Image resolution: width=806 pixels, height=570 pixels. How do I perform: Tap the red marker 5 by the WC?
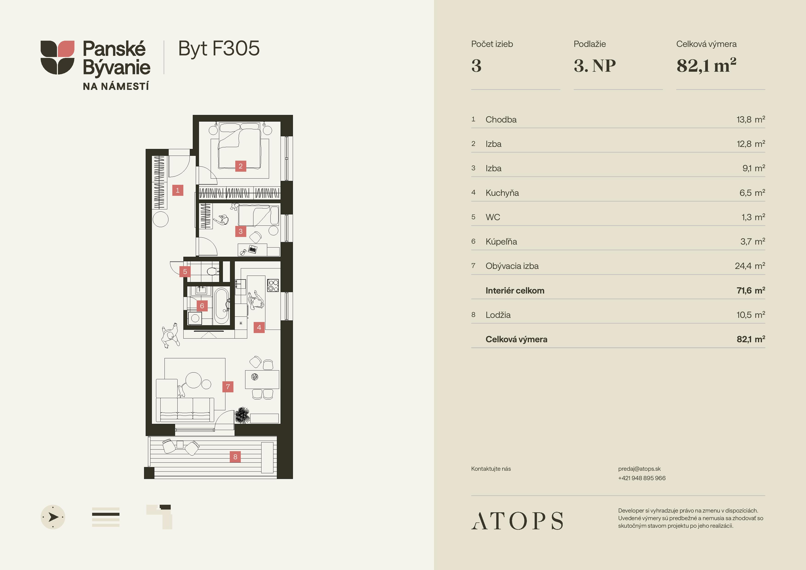(185, 271)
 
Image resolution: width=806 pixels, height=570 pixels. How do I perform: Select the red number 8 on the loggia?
(235, 456)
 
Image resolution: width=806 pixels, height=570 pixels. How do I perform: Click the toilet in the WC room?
(212, 271)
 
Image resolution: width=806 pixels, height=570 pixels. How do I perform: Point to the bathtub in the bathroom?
(221, 305)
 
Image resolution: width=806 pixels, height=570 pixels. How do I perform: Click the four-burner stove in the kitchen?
(273, 285)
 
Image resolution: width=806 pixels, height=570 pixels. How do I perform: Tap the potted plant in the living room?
(242, 415)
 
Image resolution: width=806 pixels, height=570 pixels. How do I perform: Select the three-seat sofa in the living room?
(185, 410)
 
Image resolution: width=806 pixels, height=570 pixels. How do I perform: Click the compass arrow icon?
(53, 517)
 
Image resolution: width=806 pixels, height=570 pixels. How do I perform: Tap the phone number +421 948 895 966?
(642, 478)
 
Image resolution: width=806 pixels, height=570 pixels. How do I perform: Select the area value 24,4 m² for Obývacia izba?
(750, 266)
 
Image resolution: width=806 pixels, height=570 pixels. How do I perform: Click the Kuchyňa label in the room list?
(502, 193)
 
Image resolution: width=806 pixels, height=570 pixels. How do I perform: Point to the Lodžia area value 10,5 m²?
(751, 315)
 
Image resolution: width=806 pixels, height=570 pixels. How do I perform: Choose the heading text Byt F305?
(219, 48)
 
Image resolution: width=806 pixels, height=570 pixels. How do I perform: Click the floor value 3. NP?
(595, 66)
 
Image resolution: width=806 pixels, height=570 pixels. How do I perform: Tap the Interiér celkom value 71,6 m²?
(751, 291)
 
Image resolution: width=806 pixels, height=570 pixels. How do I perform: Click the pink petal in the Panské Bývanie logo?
(66, 48)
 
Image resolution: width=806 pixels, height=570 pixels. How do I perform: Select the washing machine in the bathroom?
(195, 318)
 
